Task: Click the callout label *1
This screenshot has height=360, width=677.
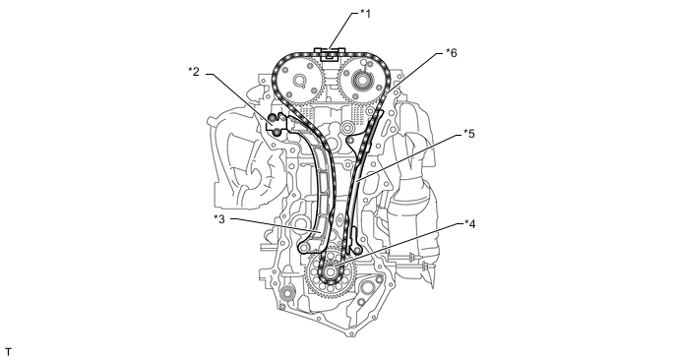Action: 365,14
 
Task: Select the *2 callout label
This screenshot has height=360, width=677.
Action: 194,72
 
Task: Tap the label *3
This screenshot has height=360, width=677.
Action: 219,218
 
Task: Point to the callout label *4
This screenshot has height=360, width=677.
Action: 469,224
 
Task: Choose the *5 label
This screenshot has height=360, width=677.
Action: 468,134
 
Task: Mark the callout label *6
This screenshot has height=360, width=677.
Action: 452,53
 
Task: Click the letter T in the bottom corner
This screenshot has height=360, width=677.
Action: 8,352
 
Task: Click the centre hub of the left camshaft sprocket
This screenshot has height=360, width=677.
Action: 298,81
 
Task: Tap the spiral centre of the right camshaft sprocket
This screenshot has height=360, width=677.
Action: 360,80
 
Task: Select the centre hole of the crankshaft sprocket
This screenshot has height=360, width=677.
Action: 332,272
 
